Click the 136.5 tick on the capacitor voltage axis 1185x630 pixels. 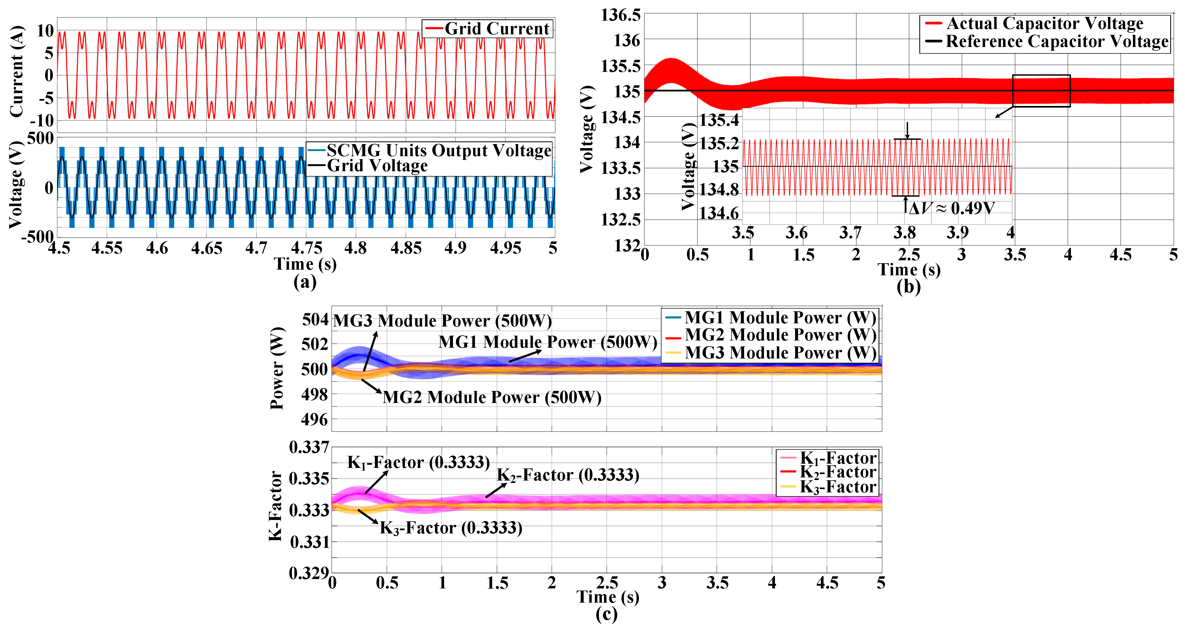point(621,15)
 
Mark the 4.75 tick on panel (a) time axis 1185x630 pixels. point(306,248)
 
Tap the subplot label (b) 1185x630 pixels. point(909,287)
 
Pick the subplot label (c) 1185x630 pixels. point(606,614)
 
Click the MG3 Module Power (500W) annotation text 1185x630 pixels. point(442,321)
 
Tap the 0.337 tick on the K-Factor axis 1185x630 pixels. point(309,447)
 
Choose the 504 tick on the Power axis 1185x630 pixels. point(316,320)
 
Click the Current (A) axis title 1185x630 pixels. point(17,71)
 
